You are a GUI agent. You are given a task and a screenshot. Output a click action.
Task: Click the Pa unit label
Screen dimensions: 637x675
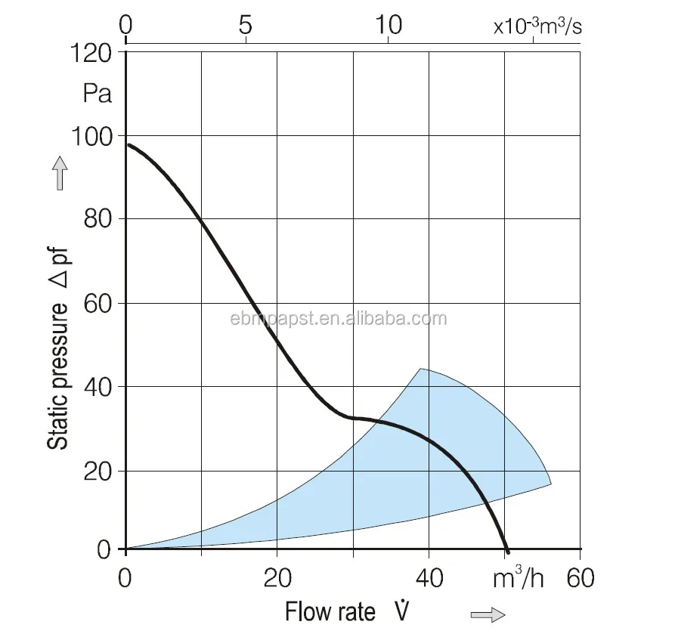(98, 94)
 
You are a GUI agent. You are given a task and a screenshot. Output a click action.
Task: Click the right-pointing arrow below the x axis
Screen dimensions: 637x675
(488, 615)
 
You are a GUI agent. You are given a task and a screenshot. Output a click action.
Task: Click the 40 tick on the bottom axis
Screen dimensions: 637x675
(429, 579)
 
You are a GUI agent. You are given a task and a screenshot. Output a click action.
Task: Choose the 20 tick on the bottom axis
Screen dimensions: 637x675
(277, 579)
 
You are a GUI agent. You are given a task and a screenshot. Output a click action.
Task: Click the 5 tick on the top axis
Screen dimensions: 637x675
(244, 25)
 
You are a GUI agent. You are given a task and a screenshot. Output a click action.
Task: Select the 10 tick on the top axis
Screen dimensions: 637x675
(389, 25)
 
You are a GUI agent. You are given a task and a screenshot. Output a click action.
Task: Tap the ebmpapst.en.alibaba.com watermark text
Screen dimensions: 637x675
(338, 318)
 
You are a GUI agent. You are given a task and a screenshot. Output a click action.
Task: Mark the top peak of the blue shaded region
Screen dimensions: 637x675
(420, 369)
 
